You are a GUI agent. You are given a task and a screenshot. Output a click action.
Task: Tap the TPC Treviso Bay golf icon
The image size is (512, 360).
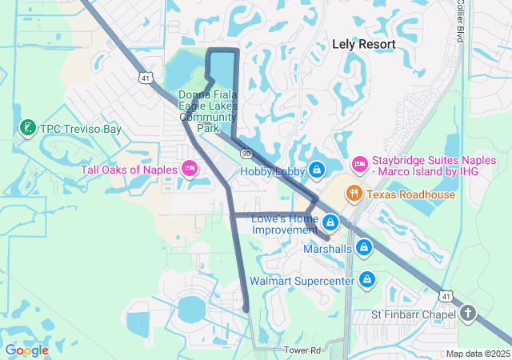pos(28,128)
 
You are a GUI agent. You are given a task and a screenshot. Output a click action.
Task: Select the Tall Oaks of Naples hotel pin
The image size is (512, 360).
pos(190,168)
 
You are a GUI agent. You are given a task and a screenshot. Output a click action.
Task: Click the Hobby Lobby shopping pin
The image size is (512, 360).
pos(318,170)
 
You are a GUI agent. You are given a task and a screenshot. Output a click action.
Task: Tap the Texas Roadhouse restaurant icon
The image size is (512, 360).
pos(352,194)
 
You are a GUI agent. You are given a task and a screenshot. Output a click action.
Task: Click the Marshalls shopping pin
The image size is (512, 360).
pos(364,248)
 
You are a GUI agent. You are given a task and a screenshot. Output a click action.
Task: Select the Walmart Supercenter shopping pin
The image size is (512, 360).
pos(367,280)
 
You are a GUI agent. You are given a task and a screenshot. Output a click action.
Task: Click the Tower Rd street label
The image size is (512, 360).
pos(302,350)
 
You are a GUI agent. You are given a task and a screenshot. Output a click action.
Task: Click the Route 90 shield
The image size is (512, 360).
pos(246,153)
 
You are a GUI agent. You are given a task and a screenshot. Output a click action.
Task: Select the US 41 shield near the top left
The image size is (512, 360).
pos(145,78)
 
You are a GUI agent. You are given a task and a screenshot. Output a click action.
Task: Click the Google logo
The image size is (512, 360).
pos(26,350)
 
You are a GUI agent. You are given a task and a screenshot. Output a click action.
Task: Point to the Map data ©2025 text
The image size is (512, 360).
pos(477,354)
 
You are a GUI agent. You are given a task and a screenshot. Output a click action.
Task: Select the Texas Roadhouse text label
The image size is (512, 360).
pos(411,194)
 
